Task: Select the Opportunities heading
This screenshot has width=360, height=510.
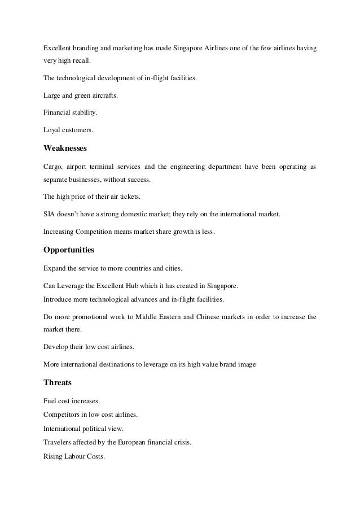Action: click(69, 249)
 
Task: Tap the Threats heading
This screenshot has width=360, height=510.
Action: click(58, 382)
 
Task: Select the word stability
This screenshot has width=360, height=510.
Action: click(83, 112)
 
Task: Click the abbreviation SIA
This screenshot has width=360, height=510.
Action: click(49, 215)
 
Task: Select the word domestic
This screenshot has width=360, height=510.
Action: click(141, 215)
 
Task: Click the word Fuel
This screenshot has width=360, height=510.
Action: click(50, 401)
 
